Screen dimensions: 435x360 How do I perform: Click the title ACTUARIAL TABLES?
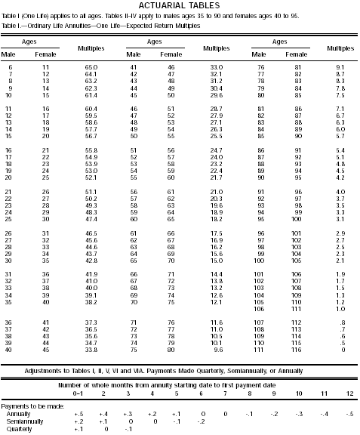click(179, 6)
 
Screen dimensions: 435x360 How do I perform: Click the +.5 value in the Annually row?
click(78, 414)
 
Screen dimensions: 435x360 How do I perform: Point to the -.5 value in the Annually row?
click(348, 414)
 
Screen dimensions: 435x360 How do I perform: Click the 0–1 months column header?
click(78, 393)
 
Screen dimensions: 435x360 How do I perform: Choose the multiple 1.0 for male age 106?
click(340, 310)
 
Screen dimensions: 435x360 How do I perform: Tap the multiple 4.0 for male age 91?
click(340, 192)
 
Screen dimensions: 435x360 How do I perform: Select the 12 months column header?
click(348, 393)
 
